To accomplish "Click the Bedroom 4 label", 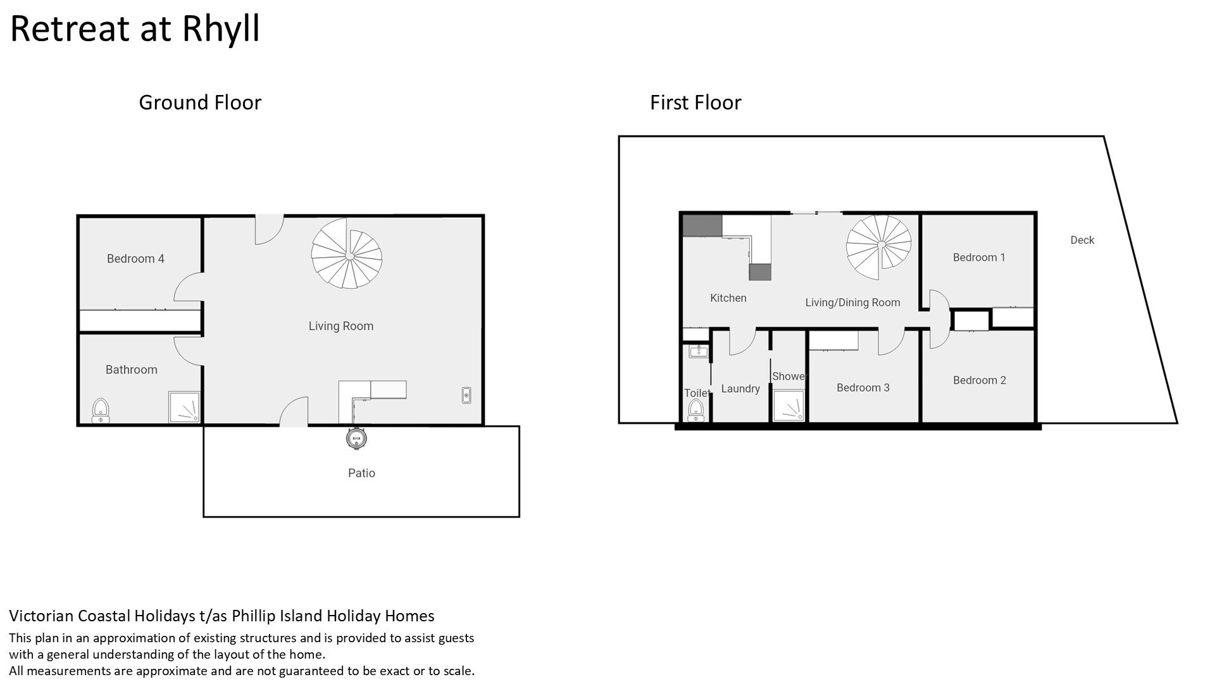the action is pyautogui.click(x=135, y=258).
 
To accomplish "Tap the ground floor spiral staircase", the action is pyautogui.click(x=347, y=253).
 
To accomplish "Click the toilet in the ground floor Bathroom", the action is pyautogui.click(x=101, y=410).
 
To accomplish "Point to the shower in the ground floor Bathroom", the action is pyautogui.click(x=184, y=407).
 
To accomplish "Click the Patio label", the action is pyautogui.click(x=361, y=473).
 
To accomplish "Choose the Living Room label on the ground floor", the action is pyautogui.click(x=341, y=326).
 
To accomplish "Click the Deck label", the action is pyautogui.click(x=1082, y=240).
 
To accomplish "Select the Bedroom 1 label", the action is pyautogui.click(x=979, y=257).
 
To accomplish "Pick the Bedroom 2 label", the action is pyautogui.click(x=980, y=380).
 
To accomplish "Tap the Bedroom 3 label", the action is pyautogui.click(x=863, y=388).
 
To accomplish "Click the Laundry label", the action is pyautogui.click(x=740, y=389).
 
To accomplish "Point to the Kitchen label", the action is pyautogui.click(x=728, y=298).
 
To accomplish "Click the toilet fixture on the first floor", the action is pyautogui.click(x=696, y=410).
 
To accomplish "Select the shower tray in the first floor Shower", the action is pyautogui.click(x=789, y=406).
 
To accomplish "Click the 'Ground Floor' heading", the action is pyautogui.click(x=200, y=103).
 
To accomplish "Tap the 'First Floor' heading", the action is pyautogui.click(x=695, y=103).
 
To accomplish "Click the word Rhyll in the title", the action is pyautogui.click(x=221, y=29).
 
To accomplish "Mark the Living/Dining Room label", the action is pyautogui.click(x=852, y=303).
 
